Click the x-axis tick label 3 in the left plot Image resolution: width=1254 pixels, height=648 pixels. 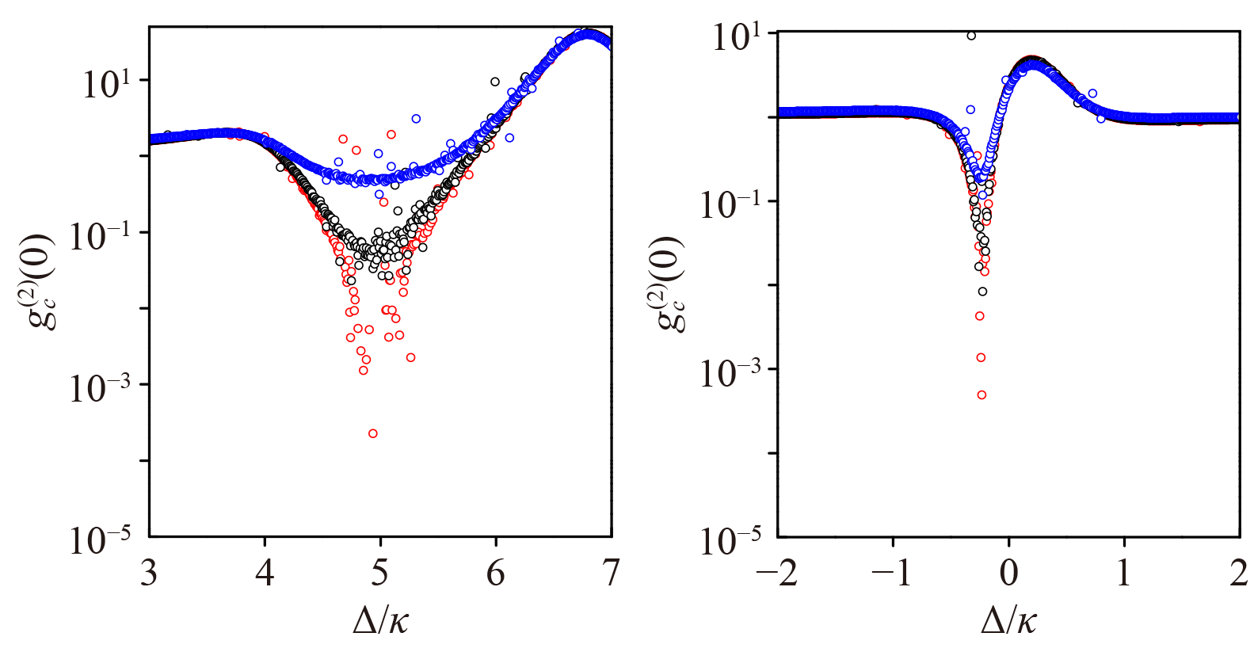pyautogui.click(x=149, y=573)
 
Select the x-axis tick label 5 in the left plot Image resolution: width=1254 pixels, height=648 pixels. pyautogui.click(x=380, y=573)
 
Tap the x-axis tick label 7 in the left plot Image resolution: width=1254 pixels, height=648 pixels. pyautogui.click(x=611, y=573)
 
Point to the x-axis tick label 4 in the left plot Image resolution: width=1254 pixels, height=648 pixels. pyautogui.click(x=265, y=573)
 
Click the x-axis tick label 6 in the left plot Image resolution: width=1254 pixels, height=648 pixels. pyautogui.click(x=496, y=573)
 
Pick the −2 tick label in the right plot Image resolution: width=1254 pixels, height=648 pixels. pyautogui.click(x=777, y=573)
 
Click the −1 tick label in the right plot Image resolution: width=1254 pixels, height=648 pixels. pyautogui.click(x=893, y=573)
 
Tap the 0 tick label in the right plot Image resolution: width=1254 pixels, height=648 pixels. pyautogui.click(x=1008, y=573)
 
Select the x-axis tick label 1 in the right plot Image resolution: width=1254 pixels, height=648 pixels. pyautogui.click(x=1124, y=573)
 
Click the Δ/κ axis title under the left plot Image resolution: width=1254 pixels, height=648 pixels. pyautogui.click(x=380, y=620)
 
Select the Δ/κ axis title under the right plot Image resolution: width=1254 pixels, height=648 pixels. pyautogui.click(x=1008, y=620)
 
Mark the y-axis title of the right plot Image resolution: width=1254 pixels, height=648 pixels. pyautogui.click(x=670, y=284)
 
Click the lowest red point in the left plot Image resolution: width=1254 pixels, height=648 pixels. pyautogui.click(x=373, y=433)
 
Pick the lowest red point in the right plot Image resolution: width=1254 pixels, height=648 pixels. pyautogui.click(x=981, y=395)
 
